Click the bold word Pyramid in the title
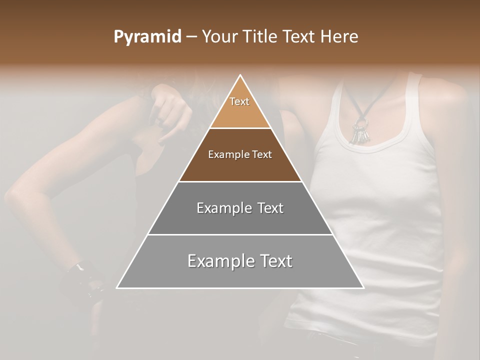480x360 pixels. [147, 37]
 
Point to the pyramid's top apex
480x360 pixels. [240, 75]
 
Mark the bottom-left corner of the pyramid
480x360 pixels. [117, 288]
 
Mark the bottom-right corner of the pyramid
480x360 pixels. [363, 288]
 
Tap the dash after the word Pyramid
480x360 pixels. [191, 37]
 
